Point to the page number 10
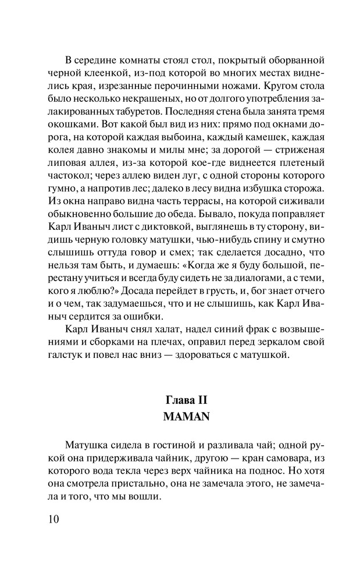(x=52, y=517)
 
